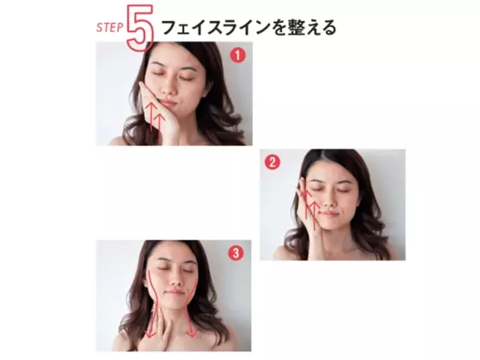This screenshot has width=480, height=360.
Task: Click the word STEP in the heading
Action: coord(109,27)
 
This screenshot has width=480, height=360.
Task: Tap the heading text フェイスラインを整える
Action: coord(248,27)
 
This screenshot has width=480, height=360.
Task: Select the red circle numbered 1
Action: coord(238,55)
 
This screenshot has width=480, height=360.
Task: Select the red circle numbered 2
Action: coord(272,162)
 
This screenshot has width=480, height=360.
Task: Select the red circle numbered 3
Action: coord(236,253)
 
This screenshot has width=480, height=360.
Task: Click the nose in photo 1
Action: coord(167,88)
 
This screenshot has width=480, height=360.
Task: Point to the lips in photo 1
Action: coord(167,102)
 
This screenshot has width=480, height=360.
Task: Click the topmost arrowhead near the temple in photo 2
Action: coord(305,192)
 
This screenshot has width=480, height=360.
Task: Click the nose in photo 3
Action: coord(174,278)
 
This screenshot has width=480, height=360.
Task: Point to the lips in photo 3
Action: coord(174,292)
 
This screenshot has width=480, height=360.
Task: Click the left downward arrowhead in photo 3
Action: coord(150,334)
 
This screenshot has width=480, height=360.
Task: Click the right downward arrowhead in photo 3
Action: coord(192,334)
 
